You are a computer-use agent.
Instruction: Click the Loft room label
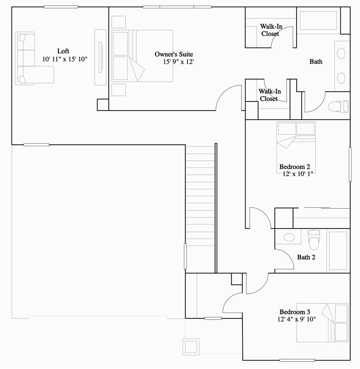click(x=63, y=51)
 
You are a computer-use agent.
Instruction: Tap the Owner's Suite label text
click(x=174, y=54)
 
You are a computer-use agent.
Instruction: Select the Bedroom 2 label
click(x=295, y=167)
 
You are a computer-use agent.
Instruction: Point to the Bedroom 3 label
click(x=295, y=312)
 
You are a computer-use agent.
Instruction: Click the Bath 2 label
click(x=306, y=258)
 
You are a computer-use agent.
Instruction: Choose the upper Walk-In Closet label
click(x=271, y=30)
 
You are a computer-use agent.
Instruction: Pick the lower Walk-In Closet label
click(x=269, y=95)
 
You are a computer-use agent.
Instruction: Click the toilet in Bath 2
click(x=314, y=239)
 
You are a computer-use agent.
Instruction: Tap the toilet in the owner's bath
click(x=338, y=107)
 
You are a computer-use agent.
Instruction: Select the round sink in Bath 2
click(x=289, y=237)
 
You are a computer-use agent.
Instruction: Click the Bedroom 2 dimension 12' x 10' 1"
click(x=298, y=174)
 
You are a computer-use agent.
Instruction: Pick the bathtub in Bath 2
click(x=338, y=250)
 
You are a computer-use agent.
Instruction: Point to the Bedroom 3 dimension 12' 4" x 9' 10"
click(x=296, y=319)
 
